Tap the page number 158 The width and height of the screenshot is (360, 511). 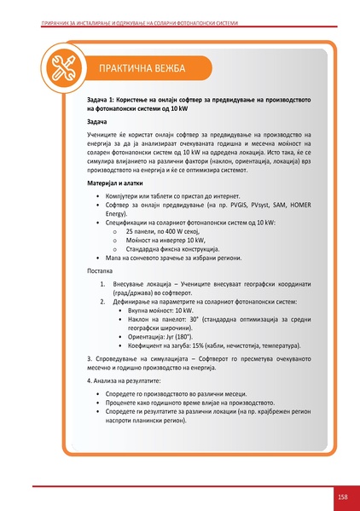(341, 496)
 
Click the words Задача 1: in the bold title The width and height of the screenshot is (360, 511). (104, 100)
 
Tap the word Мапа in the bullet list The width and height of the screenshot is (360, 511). (109, 257)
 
